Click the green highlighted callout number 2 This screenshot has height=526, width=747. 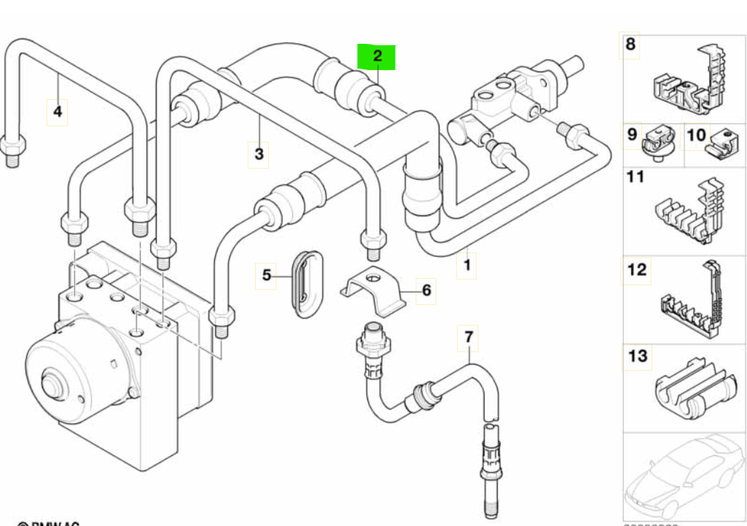pos(376,55)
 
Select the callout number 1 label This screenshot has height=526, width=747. pos(466,265)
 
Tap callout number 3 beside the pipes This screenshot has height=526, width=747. pos(259,154)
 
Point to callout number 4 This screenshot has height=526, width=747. pos(58,112)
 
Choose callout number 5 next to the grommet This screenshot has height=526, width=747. pos(267,275)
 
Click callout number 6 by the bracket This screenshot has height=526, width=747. pos(426,290)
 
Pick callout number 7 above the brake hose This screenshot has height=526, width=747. pos(469,337)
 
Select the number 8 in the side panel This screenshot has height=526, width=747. pos(631,45)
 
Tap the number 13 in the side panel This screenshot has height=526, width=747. pos(637,356)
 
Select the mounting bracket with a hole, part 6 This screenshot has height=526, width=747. pos(372,290)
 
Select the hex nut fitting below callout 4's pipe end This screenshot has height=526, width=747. pos(12,147)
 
